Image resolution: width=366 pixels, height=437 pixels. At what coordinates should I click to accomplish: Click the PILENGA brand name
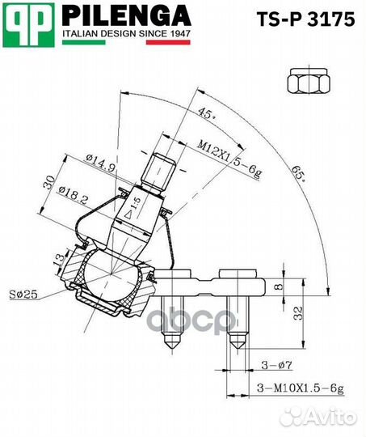126,15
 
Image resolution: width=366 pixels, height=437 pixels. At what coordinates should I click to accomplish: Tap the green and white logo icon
28,25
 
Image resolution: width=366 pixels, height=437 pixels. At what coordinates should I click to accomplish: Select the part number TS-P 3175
306,19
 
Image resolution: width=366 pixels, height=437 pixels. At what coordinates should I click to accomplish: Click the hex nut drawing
309,81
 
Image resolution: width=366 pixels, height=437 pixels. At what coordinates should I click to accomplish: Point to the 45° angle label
207,114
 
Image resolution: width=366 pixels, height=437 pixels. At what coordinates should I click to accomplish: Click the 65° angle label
298,174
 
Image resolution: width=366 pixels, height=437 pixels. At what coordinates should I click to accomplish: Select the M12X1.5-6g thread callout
229,159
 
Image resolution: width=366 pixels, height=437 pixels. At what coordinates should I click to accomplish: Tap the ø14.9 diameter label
100,163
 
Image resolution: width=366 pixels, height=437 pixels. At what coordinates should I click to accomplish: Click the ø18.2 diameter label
74,195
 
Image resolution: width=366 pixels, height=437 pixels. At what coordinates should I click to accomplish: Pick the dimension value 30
49,183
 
